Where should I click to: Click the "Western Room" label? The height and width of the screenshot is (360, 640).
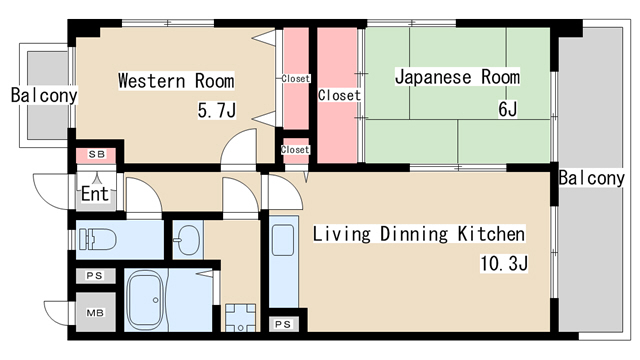pyautogui.click(x=176, y=80)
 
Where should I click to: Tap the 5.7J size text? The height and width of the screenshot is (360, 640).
pyautogui.click(x=217, y=110)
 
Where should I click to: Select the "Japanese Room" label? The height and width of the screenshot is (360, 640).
pyautogui.click(x=458, y=77)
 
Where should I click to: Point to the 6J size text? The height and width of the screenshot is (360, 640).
pyautogui.click(x=508, y=109)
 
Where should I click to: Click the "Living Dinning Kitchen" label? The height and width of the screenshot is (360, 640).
pyautogui.click(x=419, y=234)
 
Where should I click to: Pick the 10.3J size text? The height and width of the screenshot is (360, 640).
pyautogui.click(x=504, y=263)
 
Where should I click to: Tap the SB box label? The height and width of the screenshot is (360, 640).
pyautogui.click(x=97, y=154)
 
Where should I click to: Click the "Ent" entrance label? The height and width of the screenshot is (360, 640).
pyautogui.click(x=95, y=193)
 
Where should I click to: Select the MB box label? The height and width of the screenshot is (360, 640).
pyautogui.click(x=95, y=313)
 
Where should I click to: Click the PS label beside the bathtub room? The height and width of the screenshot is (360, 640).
pyautogui.click(x=95, y=276)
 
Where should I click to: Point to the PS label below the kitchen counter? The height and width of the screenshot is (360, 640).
pyautogui.click(x=283, y=324)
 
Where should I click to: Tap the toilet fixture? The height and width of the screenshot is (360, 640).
pyautogui.click(x=98, y=239)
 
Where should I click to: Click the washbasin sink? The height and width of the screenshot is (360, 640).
pyautogui.click(x=187, y=240)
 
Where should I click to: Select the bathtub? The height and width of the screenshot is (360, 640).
pyautogui.click(x=145, y=300)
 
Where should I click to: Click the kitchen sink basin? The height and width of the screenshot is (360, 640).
pyautogui.click(x=283, y=240)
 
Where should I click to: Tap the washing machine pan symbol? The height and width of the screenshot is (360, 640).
pyautogui.click(x=240, y=317)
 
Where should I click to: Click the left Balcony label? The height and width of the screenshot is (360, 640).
pyautogui.click(x=44, y=95)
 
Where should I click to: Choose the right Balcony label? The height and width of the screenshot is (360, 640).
pyautogui.click(x=591, y=178)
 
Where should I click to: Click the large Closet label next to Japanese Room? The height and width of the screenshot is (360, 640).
pyautogui.click(x=339, y=95)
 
